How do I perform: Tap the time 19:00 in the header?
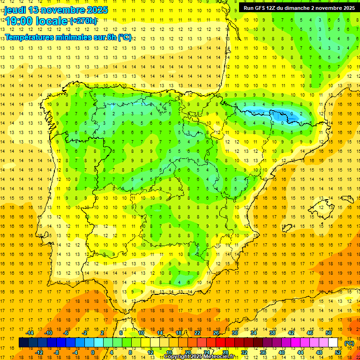pos(20,21)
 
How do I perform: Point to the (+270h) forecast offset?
pos(83,21)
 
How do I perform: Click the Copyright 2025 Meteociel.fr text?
pos(199,357)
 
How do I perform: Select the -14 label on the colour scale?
pos(30,333)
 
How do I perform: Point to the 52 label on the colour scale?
pos(338,352)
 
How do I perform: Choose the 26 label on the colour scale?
pos(216,333)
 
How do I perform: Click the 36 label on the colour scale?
pos(262,352)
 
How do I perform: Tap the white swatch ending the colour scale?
pos(333,343)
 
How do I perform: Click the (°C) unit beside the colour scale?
pos(349,343)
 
